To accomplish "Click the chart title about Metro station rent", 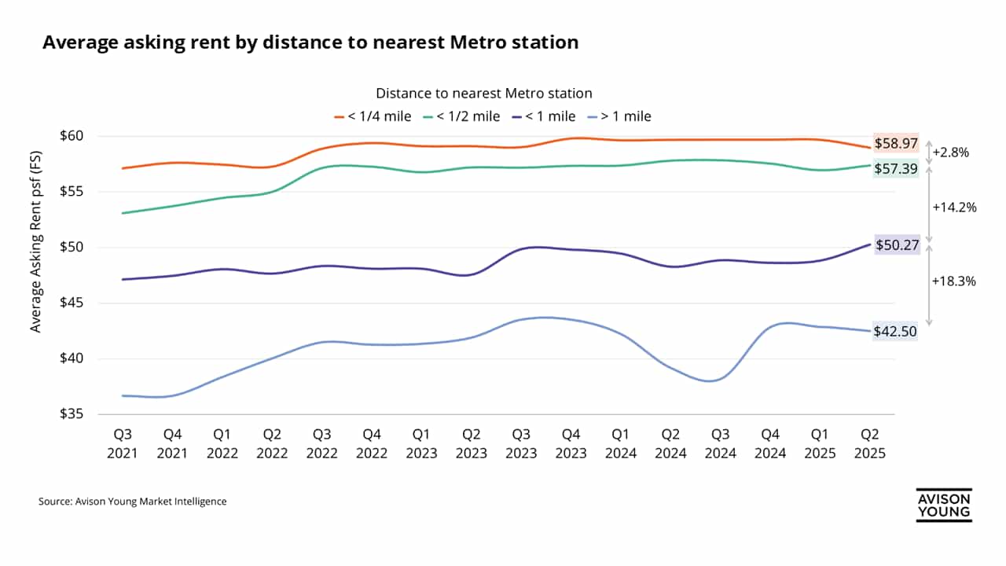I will (310, 42).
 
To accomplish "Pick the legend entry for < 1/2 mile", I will (461, 116).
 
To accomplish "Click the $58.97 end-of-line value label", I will (897, 144).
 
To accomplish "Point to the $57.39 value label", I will (897, 168).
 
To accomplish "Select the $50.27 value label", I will (897, 245).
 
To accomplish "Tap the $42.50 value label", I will (897, 332).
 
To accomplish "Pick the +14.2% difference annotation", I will (954, 208).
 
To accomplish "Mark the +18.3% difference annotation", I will (954, 281).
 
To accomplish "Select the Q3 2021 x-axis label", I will (123, 443).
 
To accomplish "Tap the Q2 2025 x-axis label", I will (870, 443).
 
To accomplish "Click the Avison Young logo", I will (944, 505).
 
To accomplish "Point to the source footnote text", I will (132, 501).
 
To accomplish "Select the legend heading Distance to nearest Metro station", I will (483, 94).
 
